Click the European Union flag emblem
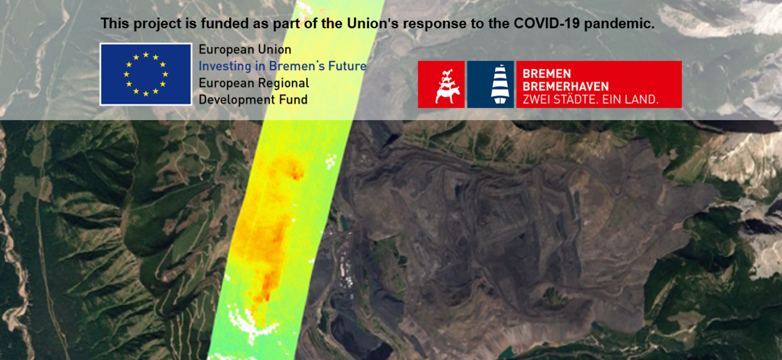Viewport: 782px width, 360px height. coord(146,74)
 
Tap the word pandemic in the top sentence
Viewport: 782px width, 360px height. coord(619,24)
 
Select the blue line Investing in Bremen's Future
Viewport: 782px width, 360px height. coord(283,66)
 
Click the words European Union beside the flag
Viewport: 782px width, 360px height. coord(245,49)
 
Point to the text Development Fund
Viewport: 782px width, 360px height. coord(253,100)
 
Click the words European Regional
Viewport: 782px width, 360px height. coord(254,83)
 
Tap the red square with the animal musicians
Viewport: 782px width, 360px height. coord(441,84)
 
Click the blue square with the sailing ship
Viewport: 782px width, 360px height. coord(490,84)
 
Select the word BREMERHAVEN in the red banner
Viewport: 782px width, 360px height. coord(566,86)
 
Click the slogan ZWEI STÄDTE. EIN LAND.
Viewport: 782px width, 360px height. coord(591,99)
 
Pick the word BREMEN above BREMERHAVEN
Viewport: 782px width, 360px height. coord(547,74)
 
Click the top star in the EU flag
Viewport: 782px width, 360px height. coord(146,55)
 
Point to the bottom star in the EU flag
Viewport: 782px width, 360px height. coord(146,94)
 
